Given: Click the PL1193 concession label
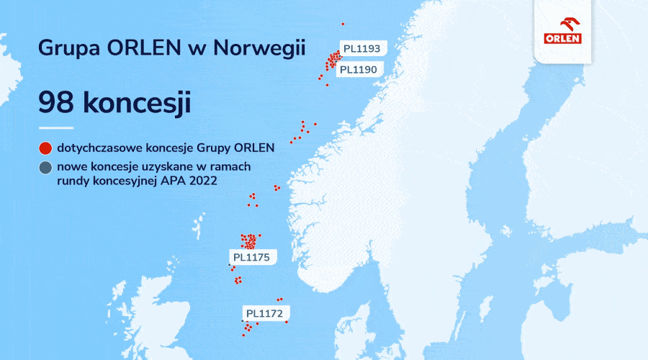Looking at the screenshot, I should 361,49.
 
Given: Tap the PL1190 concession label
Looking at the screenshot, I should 358,69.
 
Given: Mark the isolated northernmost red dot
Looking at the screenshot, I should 343,24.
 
